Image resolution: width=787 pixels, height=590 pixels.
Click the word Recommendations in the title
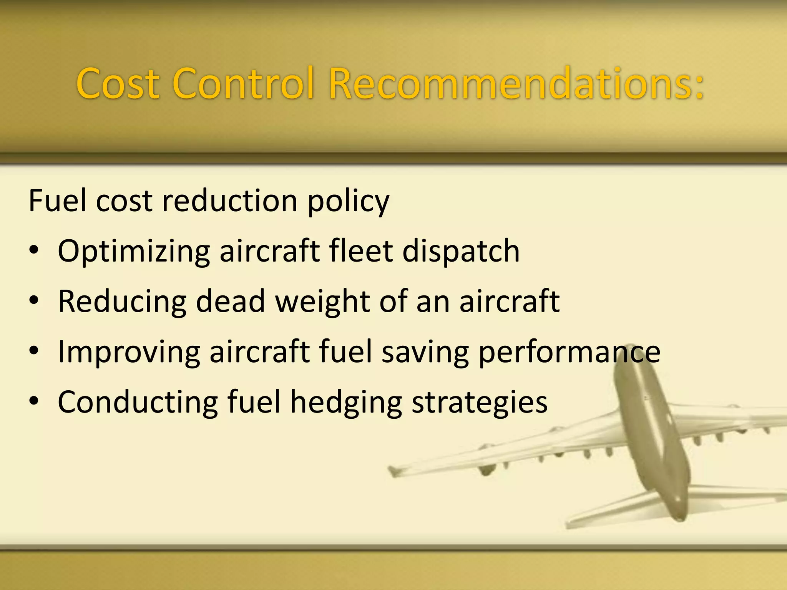pyautogui.click(x=517, y=83)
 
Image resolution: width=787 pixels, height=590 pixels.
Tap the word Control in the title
pyautogui.click(x=244, y=83)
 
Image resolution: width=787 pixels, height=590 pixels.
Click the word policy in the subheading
pyautogui.click(x=348, y=202)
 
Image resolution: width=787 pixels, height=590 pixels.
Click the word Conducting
pyautogui.click(x=138, y=403)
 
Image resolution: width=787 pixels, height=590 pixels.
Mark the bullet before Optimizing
pyautogui.click(x=34, y=250)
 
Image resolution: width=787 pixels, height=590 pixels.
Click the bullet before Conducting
pyautogui.click(x=34, y=401)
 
